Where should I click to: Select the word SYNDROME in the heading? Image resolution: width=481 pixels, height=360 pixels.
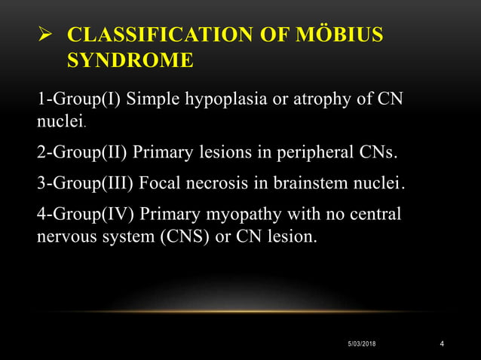point(130,60)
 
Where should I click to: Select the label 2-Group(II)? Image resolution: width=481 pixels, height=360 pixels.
point(82,154)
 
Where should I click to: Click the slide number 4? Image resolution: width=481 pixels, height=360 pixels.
point(441,344)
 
